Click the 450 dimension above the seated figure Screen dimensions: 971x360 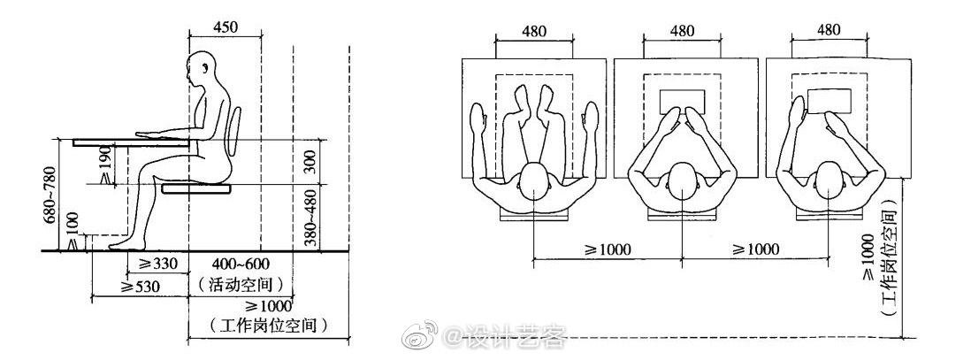(226, 27)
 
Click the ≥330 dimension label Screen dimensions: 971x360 (151, 264)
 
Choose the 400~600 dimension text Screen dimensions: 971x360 (240, 264)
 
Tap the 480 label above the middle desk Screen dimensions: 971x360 (681, 31)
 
